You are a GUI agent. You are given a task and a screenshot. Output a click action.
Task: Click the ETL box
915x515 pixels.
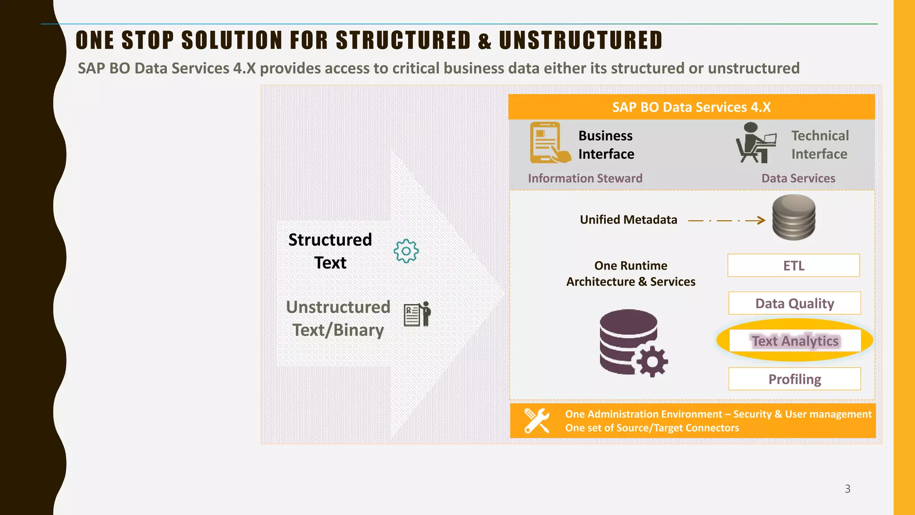pyautogui.click(x=793, y=266)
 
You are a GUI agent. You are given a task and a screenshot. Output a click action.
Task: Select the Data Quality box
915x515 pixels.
pyautogui.click(x=794, y=304)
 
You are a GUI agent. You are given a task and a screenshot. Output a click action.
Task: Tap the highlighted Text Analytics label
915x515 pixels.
pyautogui.click(x=795, y=341)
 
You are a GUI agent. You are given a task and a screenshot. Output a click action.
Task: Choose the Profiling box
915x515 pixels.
pyautogui.click(x=794, y=379)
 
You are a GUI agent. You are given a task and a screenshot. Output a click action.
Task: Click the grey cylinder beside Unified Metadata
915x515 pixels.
pyautogui.click(x=793, y=218)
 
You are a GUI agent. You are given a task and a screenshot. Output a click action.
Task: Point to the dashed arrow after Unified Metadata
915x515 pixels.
pyautogui.click(x=726, y=220)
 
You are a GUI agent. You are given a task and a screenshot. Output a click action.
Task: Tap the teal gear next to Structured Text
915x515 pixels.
pyautogui.click(x=406, y=251)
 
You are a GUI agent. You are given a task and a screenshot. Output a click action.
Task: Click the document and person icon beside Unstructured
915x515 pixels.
pyautogui.click(x=417, y=314)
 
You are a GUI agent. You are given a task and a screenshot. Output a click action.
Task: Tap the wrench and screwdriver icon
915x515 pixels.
pyautogui.click(x=537, y=421)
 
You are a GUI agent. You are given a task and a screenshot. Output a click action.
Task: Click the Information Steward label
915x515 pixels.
pyautogui.click(x=585, y=178)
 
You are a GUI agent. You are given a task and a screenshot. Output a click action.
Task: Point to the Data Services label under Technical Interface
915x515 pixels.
pyautogui.click(x=798, y=178)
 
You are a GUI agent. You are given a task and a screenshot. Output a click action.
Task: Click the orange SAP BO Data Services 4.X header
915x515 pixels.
pyautogui.click(x=691, y=107)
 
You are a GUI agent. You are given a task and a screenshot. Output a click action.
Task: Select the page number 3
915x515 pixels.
pyautogui.click(x=848, y=489)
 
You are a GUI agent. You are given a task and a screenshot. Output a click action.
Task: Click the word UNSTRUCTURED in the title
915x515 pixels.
pyautogui.click(x=580, y=40)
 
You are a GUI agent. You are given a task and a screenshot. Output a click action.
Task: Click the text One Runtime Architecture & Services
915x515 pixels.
pyautogui.click(x=630, y=274)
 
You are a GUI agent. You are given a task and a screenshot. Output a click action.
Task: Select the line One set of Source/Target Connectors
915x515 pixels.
pyautogui.click(x=652, y=428)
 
